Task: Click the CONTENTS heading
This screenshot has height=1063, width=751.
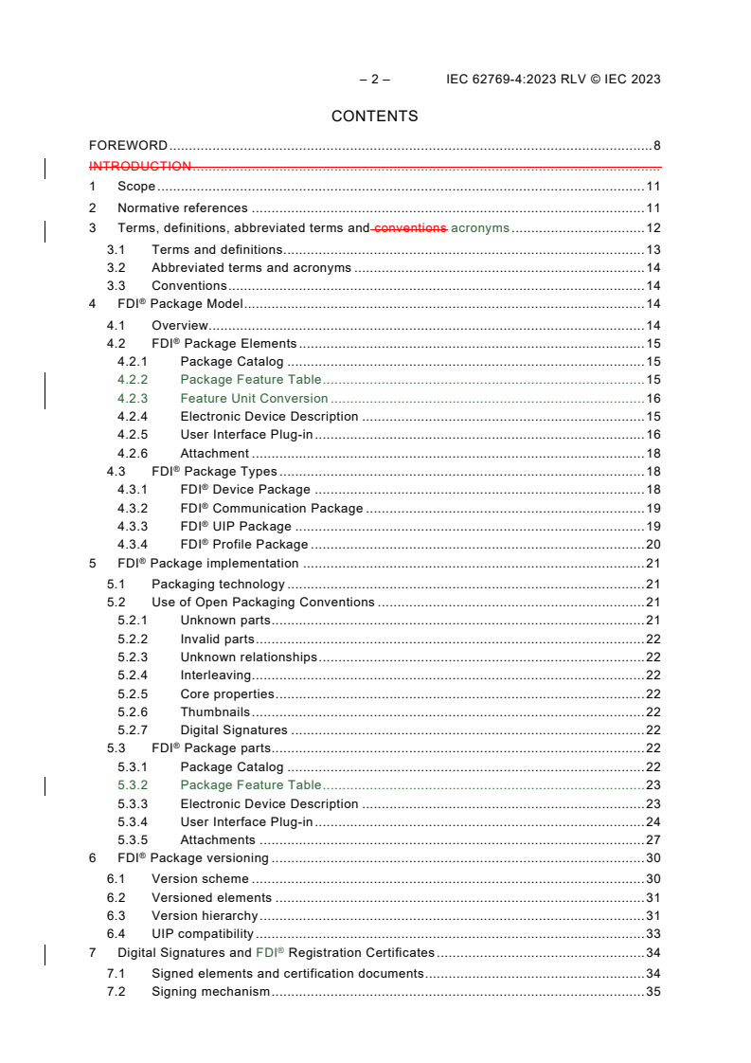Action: click(x=374, y=117)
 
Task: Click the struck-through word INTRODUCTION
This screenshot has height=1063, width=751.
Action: click(x=140, y=167)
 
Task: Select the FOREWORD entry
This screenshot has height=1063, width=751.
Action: click(x=128, y=146)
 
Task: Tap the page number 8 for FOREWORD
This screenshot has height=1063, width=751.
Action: click(x=656, y=146)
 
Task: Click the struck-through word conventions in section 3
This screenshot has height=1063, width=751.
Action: click(x=410, y=228)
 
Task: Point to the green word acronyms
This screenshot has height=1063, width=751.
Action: click(x=479, y=228)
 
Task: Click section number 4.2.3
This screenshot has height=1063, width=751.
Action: click(x=133, y=399)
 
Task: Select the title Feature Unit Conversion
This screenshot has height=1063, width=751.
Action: click(x=254, y=399)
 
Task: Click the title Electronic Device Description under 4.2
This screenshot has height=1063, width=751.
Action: click(x=269, y=417)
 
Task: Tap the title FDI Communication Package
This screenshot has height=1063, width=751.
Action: click(x=272, y=509)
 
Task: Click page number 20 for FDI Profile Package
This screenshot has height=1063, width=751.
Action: click(x=653, y=545)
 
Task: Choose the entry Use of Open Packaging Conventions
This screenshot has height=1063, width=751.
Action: click(x=263, y=603)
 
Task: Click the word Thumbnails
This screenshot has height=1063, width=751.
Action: click(x=215, y=712)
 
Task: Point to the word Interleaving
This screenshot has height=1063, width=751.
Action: click(x=215, y=676)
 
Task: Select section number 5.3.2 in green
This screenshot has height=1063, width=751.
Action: click(x=133, y=785)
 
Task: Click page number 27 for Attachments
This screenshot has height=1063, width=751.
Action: click(x=653, y=840)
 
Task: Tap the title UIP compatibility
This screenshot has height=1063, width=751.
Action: click(x=203, y=934)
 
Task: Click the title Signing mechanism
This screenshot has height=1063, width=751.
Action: click(x=210, y=992)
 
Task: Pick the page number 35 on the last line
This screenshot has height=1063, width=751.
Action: click(x=653, y=992)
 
